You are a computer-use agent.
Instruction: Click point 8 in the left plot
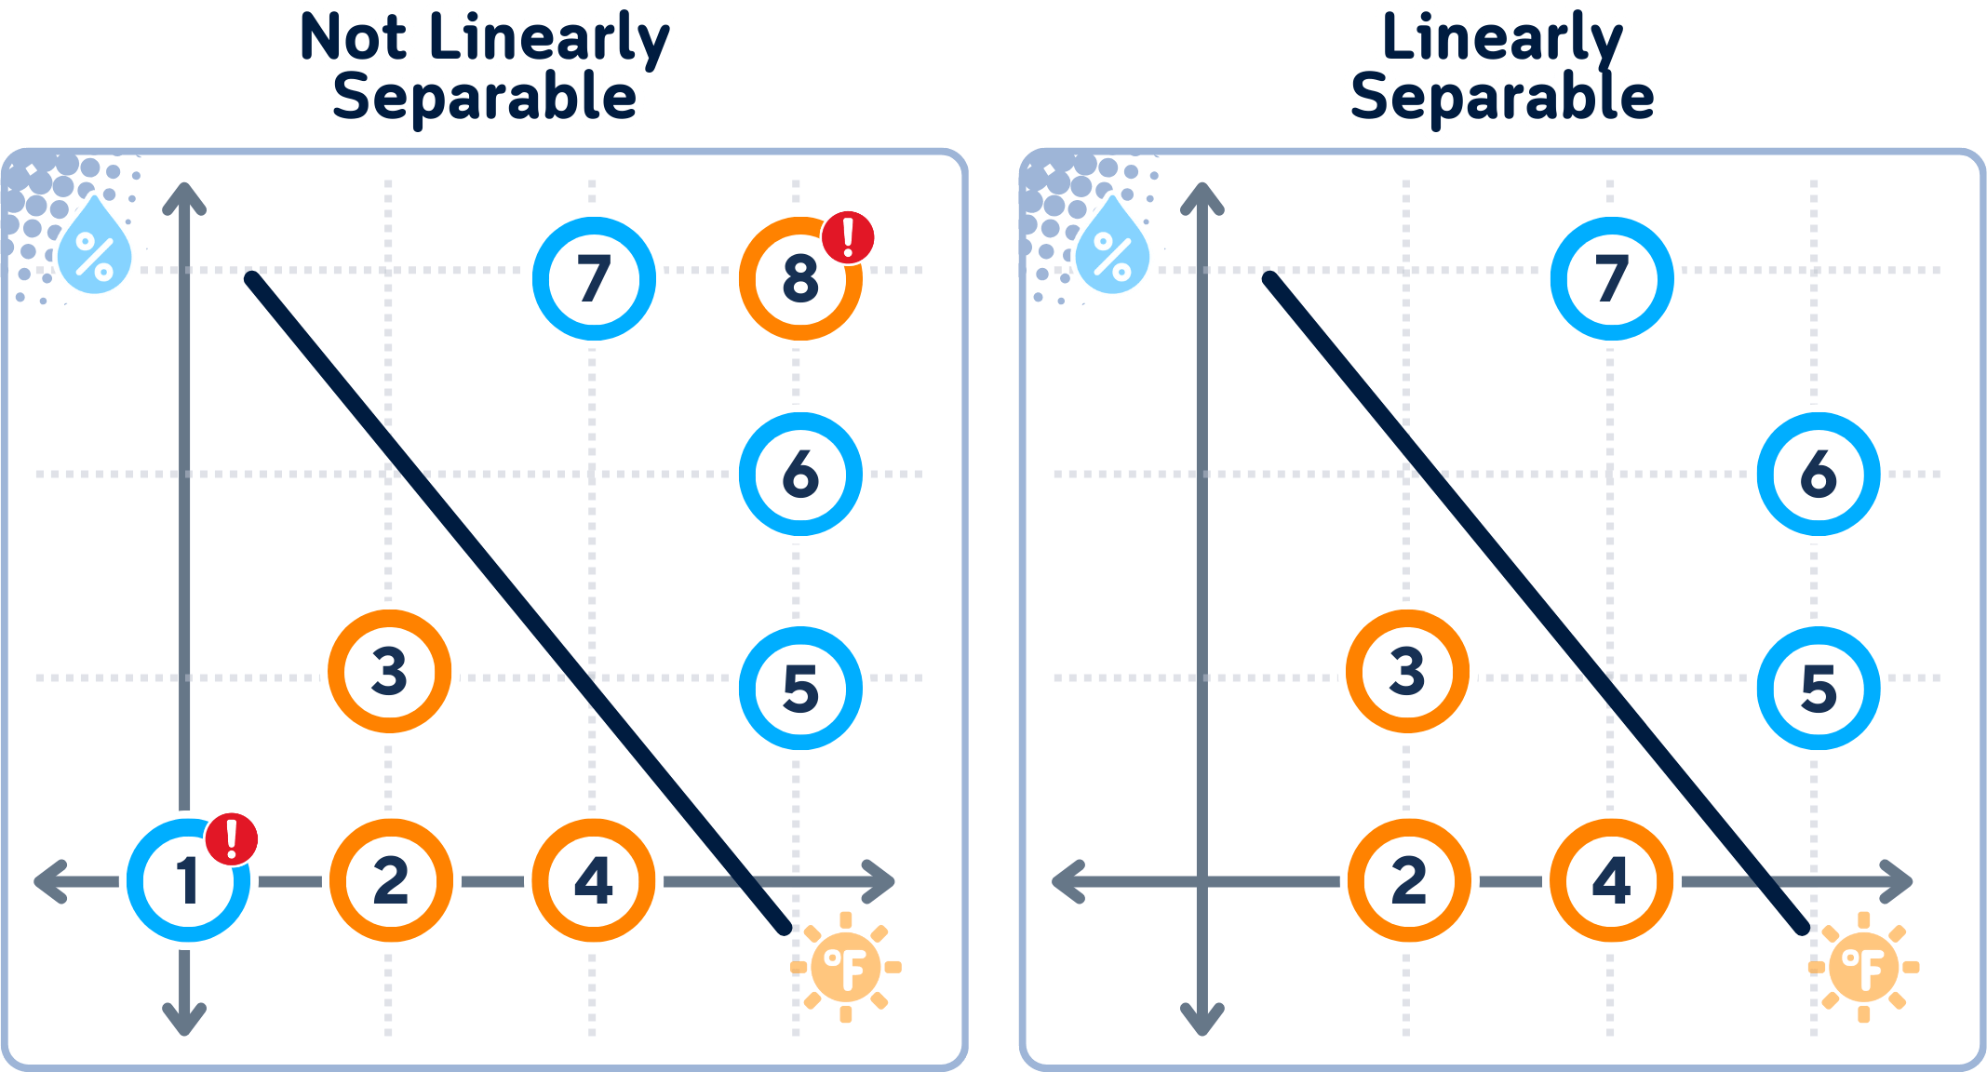800,279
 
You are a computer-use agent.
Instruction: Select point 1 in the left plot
189,880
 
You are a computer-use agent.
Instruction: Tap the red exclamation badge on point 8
848,238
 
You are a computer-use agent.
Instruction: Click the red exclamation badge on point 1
232,839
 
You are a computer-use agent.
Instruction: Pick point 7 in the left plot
594,279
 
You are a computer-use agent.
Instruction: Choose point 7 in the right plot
1612,279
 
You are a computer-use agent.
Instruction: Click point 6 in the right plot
1819,475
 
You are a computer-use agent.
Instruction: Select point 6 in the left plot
800,475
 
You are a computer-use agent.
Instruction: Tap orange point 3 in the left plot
390,672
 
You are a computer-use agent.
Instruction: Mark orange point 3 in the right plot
1408,672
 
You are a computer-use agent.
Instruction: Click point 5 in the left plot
800,689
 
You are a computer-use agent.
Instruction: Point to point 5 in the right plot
1819,689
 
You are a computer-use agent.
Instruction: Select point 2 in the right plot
1410,880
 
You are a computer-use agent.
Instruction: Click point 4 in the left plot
594,880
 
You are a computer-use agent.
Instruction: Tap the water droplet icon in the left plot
94,246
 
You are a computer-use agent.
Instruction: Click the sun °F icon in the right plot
1863,968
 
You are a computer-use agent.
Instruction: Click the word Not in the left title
354,39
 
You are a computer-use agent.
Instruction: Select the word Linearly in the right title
1503,39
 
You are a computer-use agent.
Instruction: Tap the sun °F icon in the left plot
845,968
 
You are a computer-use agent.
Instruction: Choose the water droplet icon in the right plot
1112,246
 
